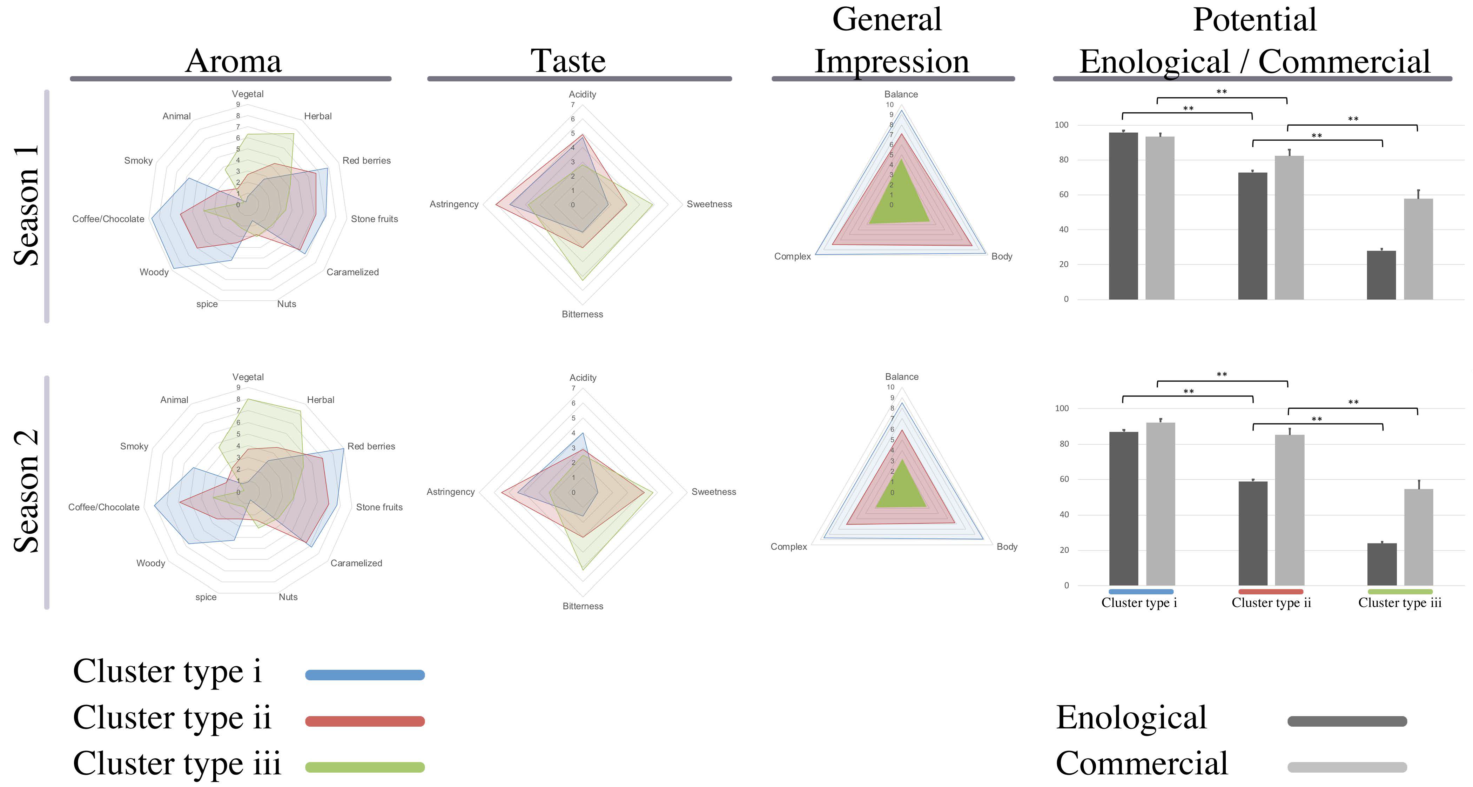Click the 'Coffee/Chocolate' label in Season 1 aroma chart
(x=108, y=219)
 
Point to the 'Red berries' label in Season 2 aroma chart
(x=371, y=446)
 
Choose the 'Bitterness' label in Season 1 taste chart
(x=582, y=314)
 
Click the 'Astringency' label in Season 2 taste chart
(x=451, y=492)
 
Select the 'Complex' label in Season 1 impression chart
(x=792, y=256)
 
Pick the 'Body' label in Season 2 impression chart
(x=1007, y=547)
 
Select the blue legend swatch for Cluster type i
(x=365, y=675)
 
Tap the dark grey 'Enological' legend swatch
(x=1347, y=721)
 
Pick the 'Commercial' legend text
(x=1141, y=763)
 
